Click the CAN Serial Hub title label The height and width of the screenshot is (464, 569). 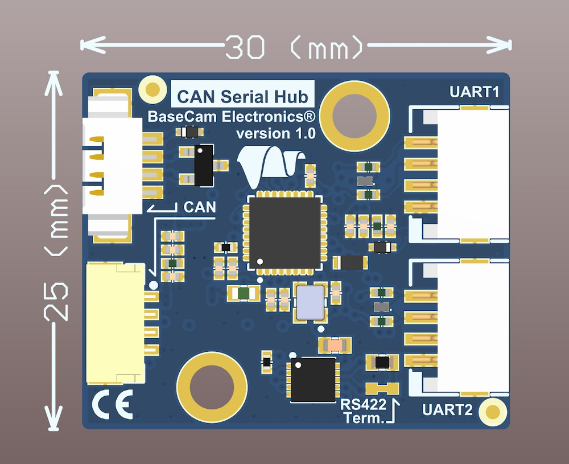tap(243, 95)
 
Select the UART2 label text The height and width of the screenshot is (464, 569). tap(447, 409)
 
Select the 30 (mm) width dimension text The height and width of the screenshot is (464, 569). tap(294, 47)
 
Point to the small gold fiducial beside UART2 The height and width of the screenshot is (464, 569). tap(493, 412)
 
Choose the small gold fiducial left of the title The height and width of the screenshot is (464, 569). tap(152, 89)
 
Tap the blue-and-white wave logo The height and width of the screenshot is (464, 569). tap(269, 165)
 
